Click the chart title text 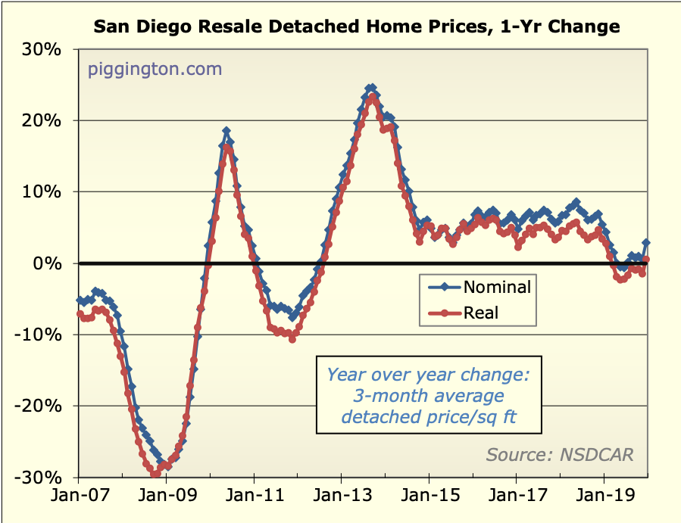[x=356, y=27]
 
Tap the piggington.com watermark [x=155, y=70]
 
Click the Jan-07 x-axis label [x=79, y=499]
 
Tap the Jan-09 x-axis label [x=167, y=499]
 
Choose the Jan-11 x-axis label [x=254, y=499]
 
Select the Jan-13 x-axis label [x=342, y=499]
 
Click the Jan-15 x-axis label [x=429, y=499]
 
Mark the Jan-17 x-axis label [x=517, y=499]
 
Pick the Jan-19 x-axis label [x=604, y=499]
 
